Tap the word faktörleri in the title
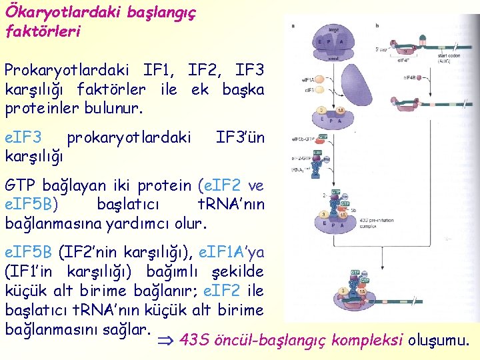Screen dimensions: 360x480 (43, 31)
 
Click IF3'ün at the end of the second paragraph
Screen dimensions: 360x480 (241, 138)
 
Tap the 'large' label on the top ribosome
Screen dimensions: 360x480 (333, 30)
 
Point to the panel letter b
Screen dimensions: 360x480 (377, 25)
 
